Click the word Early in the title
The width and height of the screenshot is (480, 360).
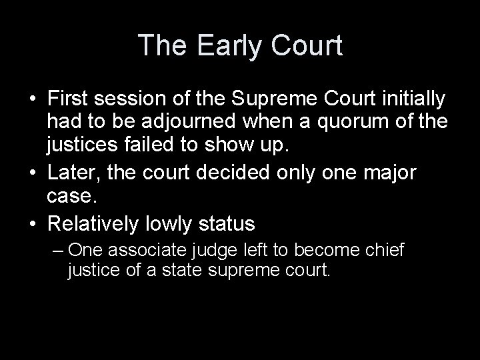(x=220, y=46)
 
